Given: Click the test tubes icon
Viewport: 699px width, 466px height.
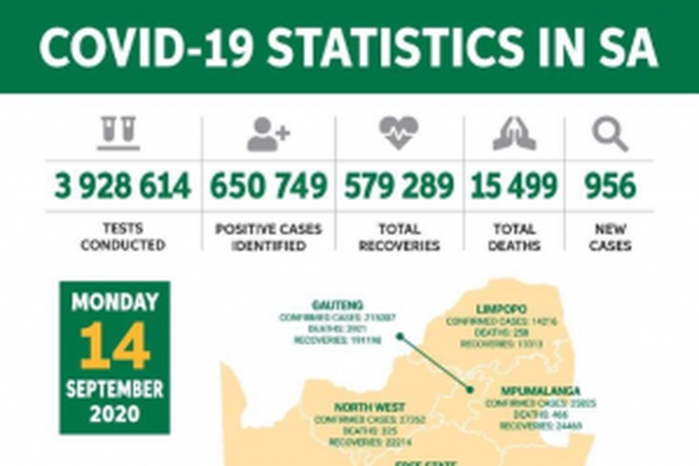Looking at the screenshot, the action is pos(119,134).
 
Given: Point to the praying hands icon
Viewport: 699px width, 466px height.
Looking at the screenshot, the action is pos(514,134).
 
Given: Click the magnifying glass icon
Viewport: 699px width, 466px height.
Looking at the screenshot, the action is pos(609,134).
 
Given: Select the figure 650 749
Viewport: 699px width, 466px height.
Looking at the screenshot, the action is pos(268,186).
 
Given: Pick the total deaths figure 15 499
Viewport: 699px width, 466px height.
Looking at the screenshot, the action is pos(514,186).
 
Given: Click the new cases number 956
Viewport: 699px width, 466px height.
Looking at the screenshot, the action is pos(609,186).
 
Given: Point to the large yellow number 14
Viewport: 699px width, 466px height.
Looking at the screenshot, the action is pos(115,345).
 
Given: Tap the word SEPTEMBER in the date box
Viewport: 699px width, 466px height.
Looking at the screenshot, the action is pos(115,387).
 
